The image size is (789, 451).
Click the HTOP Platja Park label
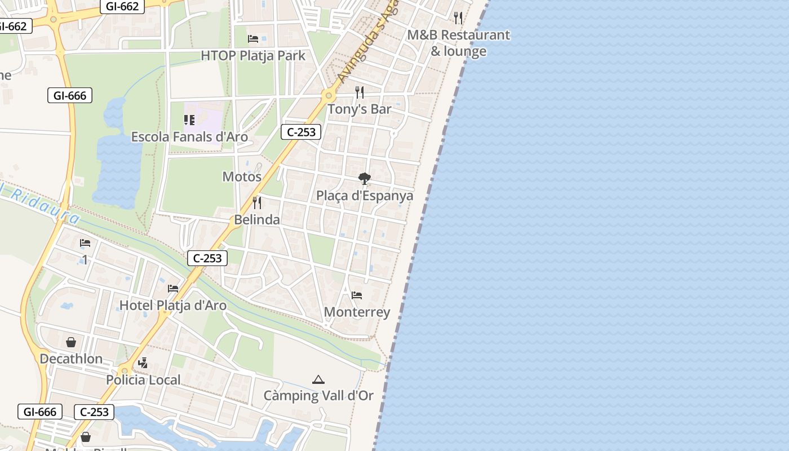[x=253, y=56]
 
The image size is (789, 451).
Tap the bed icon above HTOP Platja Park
[x=253, y=38]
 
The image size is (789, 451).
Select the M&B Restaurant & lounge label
[x=458, y=43]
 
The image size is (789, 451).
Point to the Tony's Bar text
[x=360, y=109]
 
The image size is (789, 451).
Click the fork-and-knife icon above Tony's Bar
[x=360, y=92]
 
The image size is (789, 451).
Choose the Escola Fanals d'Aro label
[x=189, y=137]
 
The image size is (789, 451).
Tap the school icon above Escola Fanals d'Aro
[x=189, y=120]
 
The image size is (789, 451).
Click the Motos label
[x=242, y=176]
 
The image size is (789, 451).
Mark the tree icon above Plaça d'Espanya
[x=365, y=179]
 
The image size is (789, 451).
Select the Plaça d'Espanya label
[x=365, y=196]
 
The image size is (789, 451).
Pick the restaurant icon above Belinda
[x=257, y=202]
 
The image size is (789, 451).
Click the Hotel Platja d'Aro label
[x=173, y=306]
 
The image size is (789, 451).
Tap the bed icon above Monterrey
[x=357, y=295]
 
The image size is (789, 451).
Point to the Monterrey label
[x=357, y=312]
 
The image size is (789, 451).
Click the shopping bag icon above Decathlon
[x=71, y=342]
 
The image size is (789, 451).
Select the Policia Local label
[x=143, y=380]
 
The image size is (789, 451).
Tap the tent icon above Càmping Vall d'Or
[x=318, y=379]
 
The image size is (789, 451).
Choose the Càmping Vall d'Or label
[x=318, y=396]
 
